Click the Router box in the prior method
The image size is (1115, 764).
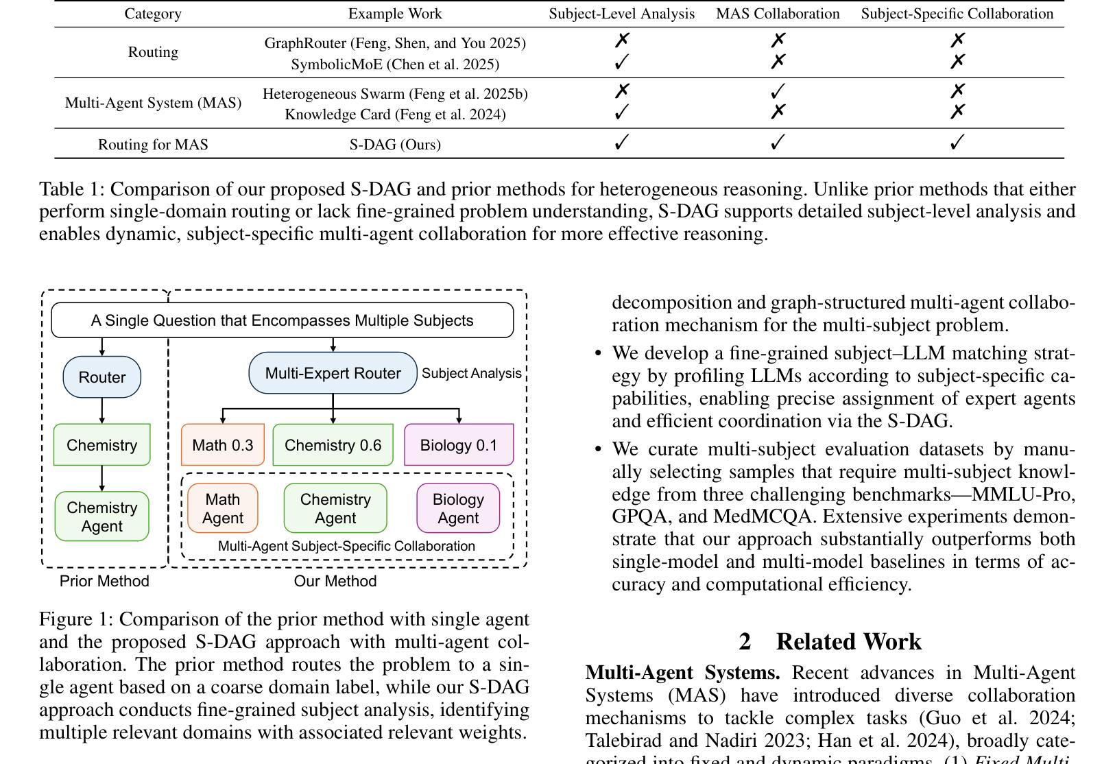coord(101,377)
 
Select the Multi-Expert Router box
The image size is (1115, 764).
coord(333,373)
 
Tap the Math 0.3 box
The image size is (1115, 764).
coord(222,445)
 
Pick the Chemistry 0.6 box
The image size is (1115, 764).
coord(333,445)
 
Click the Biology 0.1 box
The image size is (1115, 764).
coord(458,445)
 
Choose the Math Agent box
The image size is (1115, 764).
coord(222,508)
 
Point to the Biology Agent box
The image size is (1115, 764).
coord(458,508)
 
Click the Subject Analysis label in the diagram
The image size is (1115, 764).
coord(471,373)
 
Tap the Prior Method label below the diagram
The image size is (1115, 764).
coord(104,581)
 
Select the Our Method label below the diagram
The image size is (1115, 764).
coord(335,581)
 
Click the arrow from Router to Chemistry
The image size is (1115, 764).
coord(102,410)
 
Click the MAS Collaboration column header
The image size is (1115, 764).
coord(778,14)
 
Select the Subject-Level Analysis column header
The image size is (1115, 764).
coord(621,14)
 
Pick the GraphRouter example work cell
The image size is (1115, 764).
coord(395,43)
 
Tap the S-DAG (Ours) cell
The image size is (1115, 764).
coord(395,145)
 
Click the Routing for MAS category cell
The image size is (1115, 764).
coord(153,145)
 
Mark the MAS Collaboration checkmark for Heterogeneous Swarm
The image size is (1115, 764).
coord(778,91)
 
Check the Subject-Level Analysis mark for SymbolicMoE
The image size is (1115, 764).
coord(621,62)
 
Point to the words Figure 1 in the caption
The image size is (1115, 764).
coord(75,619)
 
